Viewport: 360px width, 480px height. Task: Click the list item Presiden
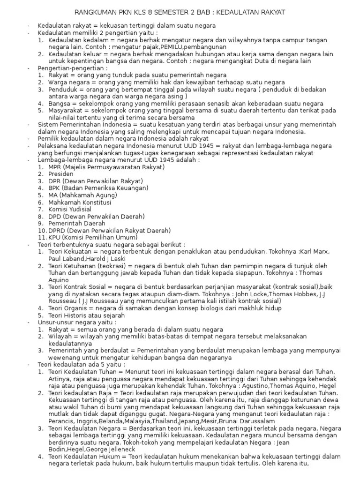61,173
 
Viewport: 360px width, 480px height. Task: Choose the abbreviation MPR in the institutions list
55,166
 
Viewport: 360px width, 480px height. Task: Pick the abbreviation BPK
55,187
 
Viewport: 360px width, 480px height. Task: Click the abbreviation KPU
55,237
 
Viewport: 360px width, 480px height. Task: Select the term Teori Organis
68,308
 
